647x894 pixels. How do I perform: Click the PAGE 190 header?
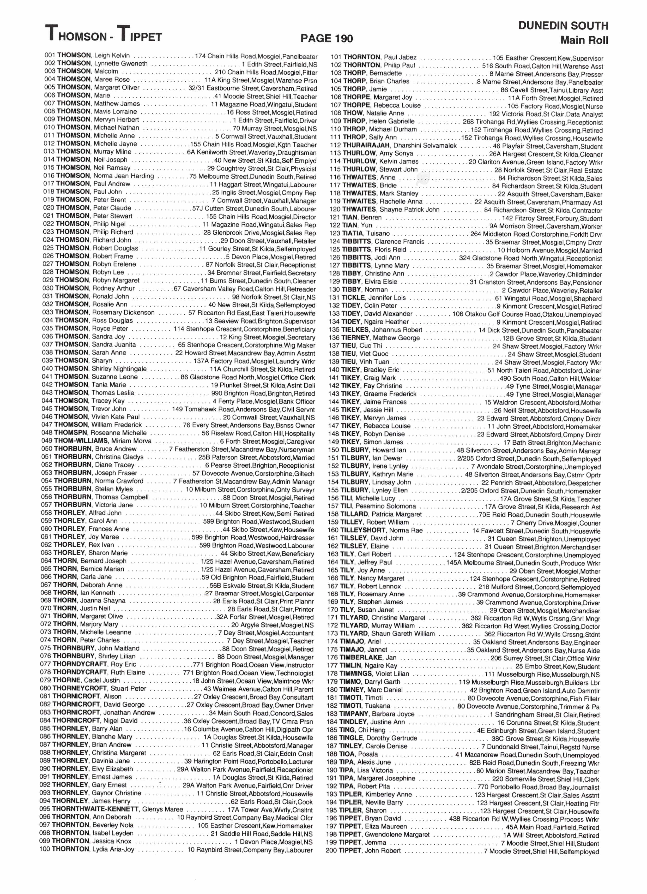[327, 38]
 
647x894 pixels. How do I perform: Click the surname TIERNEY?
[355, 338]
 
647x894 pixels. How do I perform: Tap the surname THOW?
[352, 114]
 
